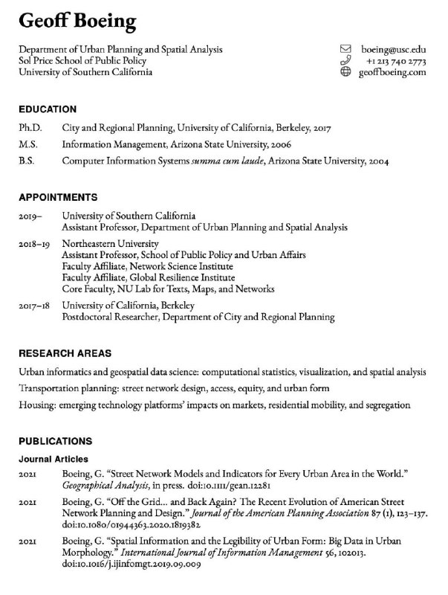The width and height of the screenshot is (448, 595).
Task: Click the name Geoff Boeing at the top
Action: [78, 22]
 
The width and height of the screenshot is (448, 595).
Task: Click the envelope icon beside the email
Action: [345, 49]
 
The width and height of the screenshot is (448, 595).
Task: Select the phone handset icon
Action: [345, 61]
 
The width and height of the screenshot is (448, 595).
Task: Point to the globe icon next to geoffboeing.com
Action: [345, 72]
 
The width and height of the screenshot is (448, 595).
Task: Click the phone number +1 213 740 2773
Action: [396, 61]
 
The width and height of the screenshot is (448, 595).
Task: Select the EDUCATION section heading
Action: [48, 109]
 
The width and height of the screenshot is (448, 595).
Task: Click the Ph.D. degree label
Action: [31, 129]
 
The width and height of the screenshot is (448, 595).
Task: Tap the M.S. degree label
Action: [29, 144]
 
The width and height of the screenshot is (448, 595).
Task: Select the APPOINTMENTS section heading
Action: [58, 198]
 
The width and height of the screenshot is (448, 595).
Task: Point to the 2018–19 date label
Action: [34, 243]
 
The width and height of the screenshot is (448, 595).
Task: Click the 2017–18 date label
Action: [34, 306]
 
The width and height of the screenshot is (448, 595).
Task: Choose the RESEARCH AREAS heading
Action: [65, 353]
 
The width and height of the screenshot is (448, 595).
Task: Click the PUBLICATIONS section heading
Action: [55, 441]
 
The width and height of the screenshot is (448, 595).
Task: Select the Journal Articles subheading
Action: [53, 459]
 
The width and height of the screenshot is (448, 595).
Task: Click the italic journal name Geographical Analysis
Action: [101, 485]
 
